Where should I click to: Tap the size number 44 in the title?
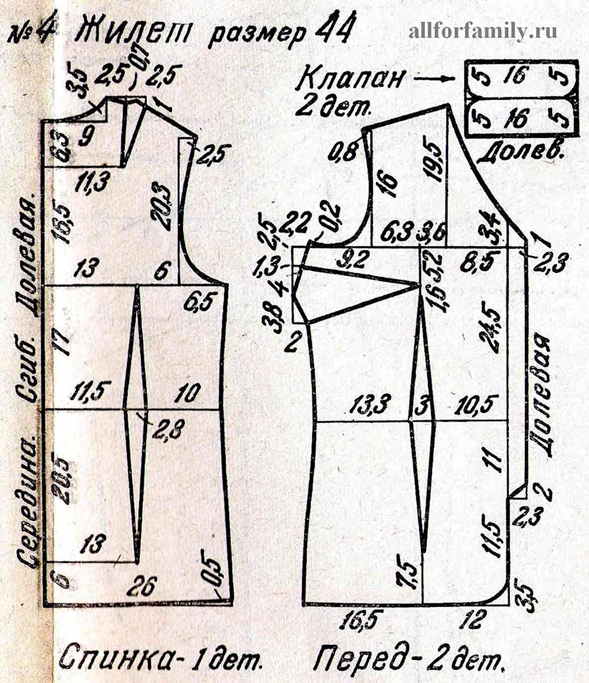[x=329, y=32]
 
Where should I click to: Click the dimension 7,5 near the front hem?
[x=407, y=575]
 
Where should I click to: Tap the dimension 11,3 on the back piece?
[x=94, y=183]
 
